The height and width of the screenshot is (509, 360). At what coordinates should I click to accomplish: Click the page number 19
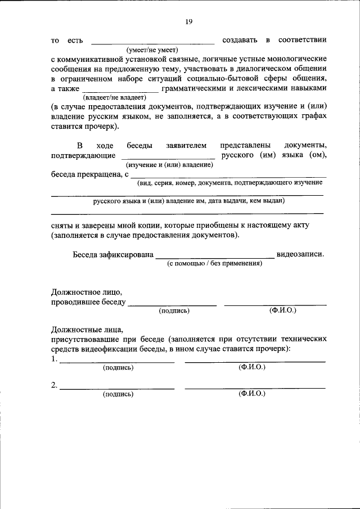tap(189, 21)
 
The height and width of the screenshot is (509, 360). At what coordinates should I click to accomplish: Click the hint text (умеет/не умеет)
tap(152, 50)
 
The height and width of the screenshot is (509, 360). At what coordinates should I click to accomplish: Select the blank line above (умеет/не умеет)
tap(152, 43)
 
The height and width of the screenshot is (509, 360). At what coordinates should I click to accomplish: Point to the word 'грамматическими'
tap(195, 89)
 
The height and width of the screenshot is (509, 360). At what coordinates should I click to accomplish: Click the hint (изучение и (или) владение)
tap(169, 165)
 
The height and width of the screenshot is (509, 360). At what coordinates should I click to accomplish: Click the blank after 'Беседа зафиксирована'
tap(215, 256)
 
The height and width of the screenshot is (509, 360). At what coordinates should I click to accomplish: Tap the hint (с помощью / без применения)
tap(214, 263)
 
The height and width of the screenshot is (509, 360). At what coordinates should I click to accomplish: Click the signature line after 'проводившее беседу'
tap(172, 304)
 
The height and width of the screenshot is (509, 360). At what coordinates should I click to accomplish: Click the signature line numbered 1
tap(117, 361)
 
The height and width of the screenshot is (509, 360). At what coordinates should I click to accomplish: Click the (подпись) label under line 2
tap(118, 394)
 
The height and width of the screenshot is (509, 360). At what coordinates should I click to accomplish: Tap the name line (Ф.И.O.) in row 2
tap(255, 388)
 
